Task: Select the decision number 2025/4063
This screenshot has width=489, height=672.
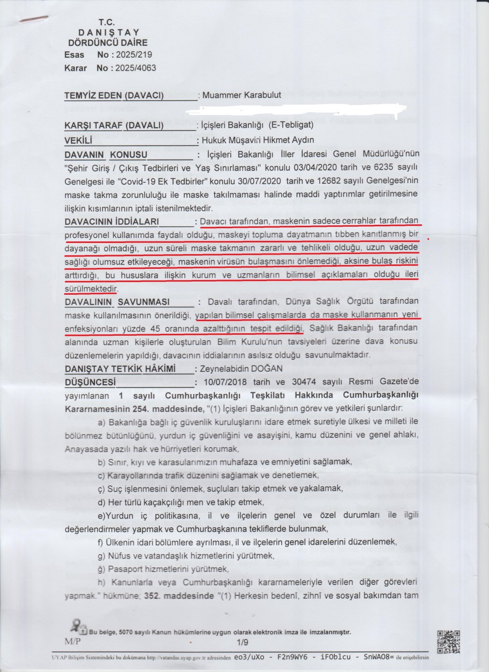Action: tap(135, 68)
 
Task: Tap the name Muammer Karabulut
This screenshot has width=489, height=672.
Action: tap(242, 95)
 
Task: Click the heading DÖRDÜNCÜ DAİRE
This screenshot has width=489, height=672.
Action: tap(106, 43)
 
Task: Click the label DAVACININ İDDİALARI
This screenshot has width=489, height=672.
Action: tap(111, 222)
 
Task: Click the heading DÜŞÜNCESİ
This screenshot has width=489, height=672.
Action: tap(90, 382)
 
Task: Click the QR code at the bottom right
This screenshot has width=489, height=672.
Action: tap(448, 642)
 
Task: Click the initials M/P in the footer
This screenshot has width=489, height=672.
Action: tap(72, 642)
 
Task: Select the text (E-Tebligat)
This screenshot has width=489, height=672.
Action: tap(291, 125)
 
